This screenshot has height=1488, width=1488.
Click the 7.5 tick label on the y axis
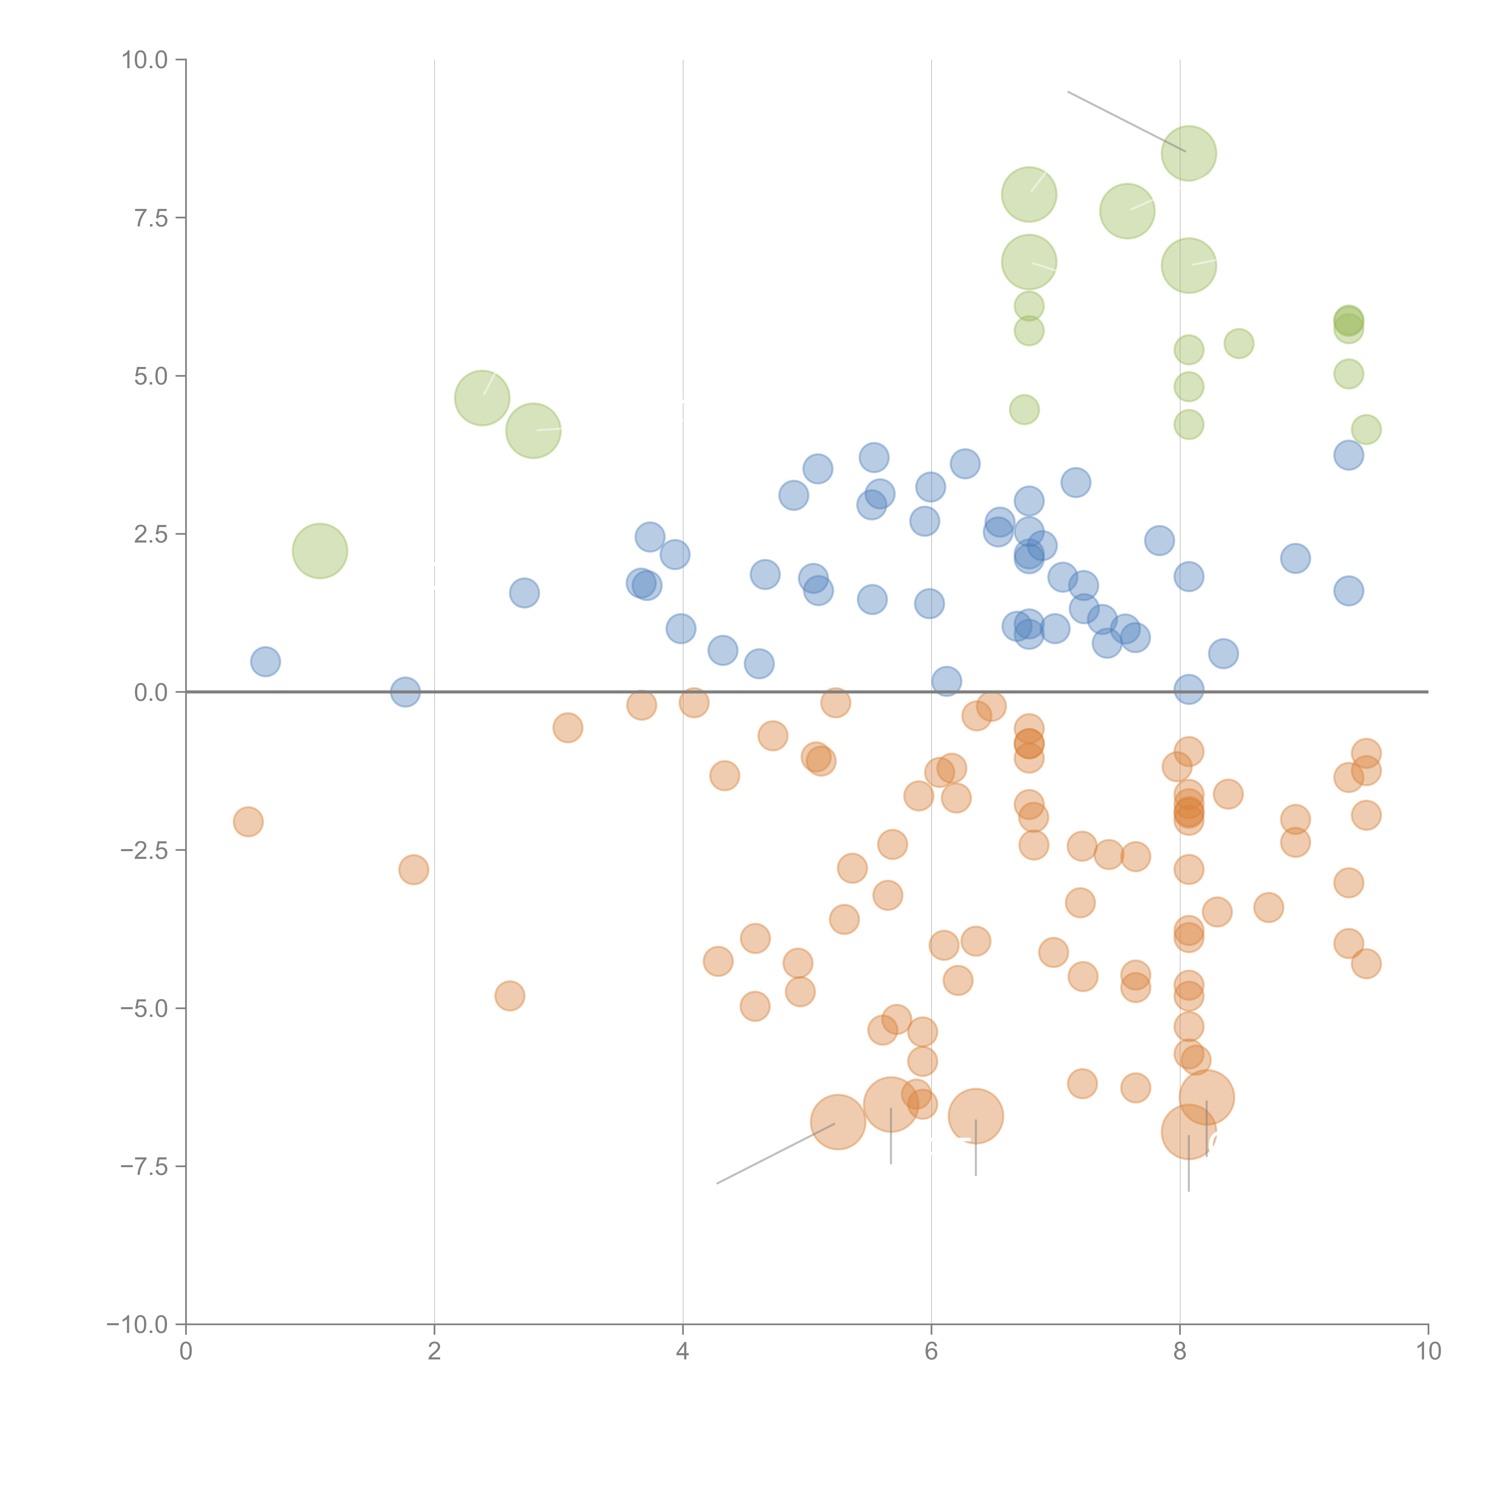click(x=150, y=218)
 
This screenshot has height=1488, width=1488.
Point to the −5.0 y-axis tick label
click(x=144, y=1008)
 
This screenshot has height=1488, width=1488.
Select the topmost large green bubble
click(x=1188, y=153)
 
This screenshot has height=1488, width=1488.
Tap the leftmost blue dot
click(x=265, y=662)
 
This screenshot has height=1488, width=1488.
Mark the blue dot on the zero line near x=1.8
click(x=405, y=692)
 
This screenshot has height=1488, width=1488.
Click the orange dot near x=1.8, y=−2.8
click(x=414, y=870)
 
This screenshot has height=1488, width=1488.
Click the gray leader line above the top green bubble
click(x=1124, y=121)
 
